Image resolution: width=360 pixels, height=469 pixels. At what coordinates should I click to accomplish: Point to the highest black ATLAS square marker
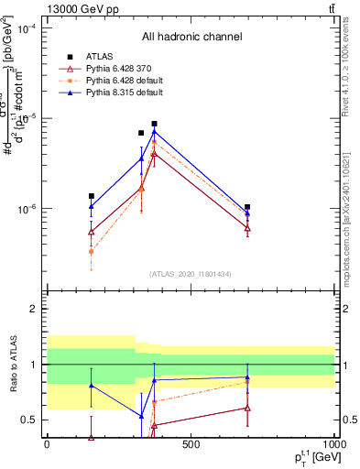(155, 124)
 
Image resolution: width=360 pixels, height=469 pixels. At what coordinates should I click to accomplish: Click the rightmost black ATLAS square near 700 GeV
(247, 207)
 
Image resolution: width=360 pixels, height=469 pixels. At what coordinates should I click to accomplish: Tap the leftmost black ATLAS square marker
(91, 195)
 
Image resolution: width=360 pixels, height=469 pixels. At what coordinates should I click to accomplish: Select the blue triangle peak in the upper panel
(155, 132)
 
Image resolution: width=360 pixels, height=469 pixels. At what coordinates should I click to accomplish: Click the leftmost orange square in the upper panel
(91, 251)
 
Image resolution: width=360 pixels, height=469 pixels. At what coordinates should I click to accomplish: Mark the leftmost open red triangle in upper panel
(91, 232)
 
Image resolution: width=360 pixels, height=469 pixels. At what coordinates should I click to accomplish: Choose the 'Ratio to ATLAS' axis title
(13, 365)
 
